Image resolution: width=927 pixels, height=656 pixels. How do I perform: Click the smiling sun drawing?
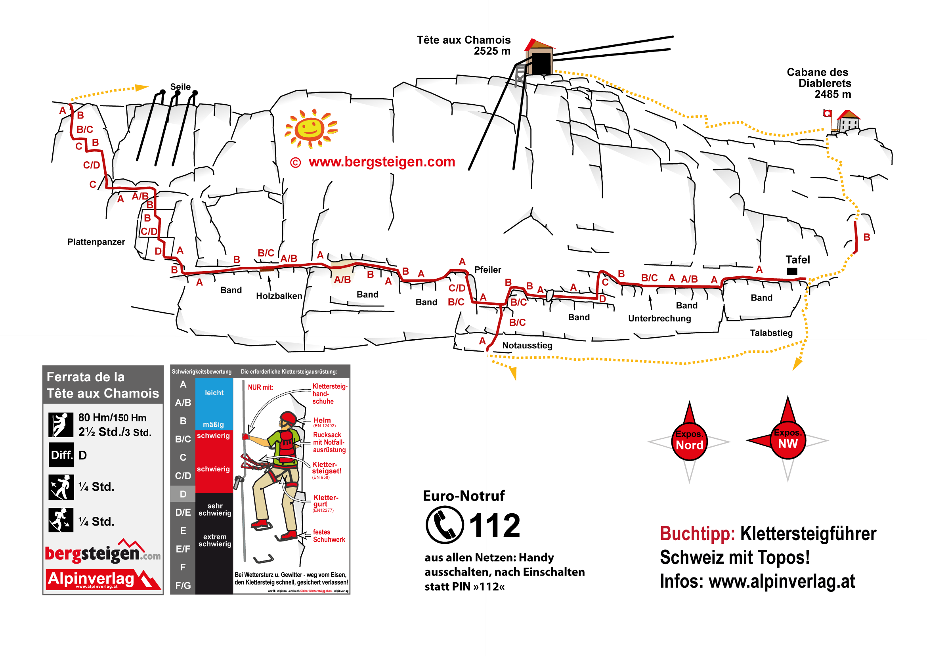310,128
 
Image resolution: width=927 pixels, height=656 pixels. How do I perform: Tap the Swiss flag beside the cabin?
827,113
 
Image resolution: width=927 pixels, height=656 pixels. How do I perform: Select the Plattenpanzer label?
96,242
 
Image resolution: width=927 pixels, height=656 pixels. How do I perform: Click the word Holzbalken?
279,296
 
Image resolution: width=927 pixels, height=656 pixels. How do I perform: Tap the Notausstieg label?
527,345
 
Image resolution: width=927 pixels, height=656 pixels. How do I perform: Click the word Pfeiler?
487,270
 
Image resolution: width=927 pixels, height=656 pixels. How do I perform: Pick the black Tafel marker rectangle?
792,272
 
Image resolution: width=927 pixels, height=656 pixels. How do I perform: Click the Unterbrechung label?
659,318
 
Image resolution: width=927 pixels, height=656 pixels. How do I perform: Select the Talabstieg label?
771,333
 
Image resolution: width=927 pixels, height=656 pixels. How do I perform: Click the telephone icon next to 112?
444,525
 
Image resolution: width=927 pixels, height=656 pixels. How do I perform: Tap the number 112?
494,526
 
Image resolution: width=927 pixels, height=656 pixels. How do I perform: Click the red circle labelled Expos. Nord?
689,442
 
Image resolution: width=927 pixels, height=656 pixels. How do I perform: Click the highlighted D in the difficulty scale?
183,494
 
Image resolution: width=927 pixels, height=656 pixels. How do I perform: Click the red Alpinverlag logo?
103,579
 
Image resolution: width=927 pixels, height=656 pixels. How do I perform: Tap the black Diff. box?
61,455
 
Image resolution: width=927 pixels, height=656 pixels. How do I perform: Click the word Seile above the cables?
180,87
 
